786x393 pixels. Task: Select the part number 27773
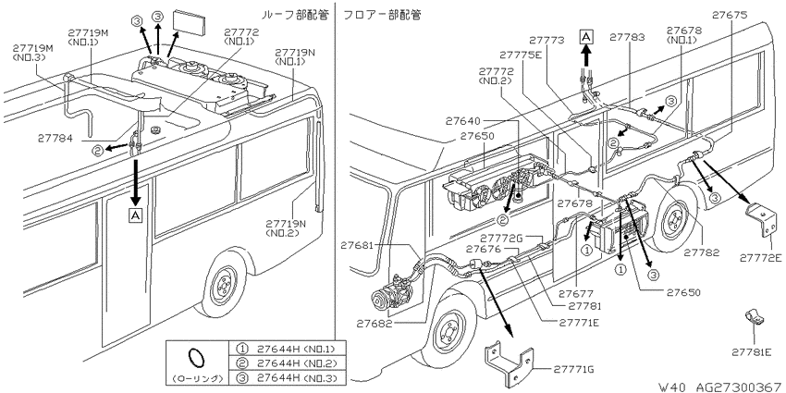[547, 40]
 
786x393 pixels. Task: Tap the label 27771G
[574, 370]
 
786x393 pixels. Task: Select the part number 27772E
[760, 258]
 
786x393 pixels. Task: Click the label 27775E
[521, 55]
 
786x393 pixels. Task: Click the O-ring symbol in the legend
[196, 359]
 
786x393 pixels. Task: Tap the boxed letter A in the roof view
[135, 215]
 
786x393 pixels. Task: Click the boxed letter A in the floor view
[585, 37]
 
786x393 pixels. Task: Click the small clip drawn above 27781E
[754, 317]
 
